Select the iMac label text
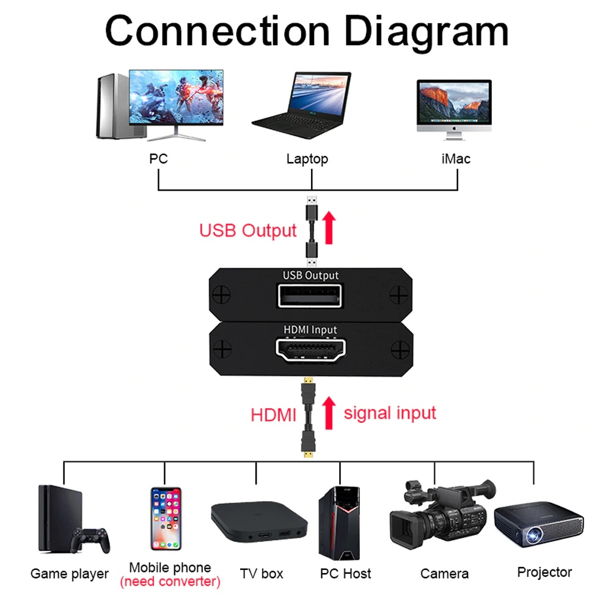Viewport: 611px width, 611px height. click(456, 159)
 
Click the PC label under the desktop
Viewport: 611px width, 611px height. click(158, 159)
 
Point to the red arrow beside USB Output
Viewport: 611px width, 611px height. click(329, 228)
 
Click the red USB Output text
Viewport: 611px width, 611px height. click(247, 231)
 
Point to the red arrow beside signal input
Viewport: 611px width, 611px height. click(329, 412)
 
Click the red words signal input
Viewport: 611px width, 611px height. click(390, 413)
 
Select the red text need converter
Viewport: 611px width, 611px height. click(170, 582)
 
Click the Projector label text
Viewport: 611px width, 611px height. click(544, 573)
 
